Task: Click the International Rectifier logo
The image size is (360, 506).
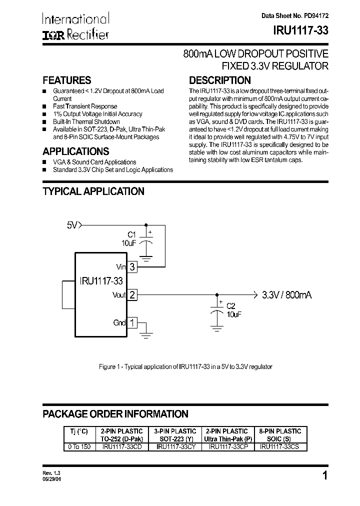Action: (75, 26)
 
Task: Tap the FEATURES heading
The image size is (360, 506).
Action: (67, 80)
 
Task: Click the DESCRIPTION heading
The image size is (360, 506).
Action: (219, 80)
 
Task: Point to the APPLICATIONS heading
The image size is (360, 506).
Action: (76, 151)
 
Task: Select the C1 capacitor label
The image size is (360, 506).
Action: (131, 234)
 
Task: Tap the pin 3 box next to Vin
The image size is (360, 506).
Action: (132, 267)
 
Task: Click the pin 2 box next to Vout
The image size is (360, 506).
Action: (132, 295)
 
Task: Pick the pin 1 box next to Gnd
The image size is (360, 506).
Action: (132, 322)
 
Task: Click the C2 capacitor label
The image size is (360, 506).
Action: (230, 305)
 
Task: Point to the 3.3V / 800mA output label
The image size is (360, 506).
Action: (286, 295)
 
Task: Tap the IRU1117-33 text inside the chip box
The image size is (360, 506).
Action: (100, 280)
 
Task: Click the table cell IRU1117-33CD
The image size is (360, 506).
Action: (122, 447)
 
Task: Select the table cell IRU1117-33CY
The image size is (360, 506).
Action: (175, 447)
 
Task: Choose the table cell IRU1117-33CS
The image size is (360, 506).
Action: (279, 447)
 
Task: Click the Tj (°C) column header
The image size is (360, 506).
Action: (78, 431)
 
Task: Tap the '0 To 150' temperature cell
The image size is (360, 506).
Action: (78, 447)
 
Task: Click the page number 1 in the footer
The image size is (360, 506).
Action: (325, 475)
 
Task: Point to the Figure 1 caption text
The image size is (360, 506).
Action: (186, 366)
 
